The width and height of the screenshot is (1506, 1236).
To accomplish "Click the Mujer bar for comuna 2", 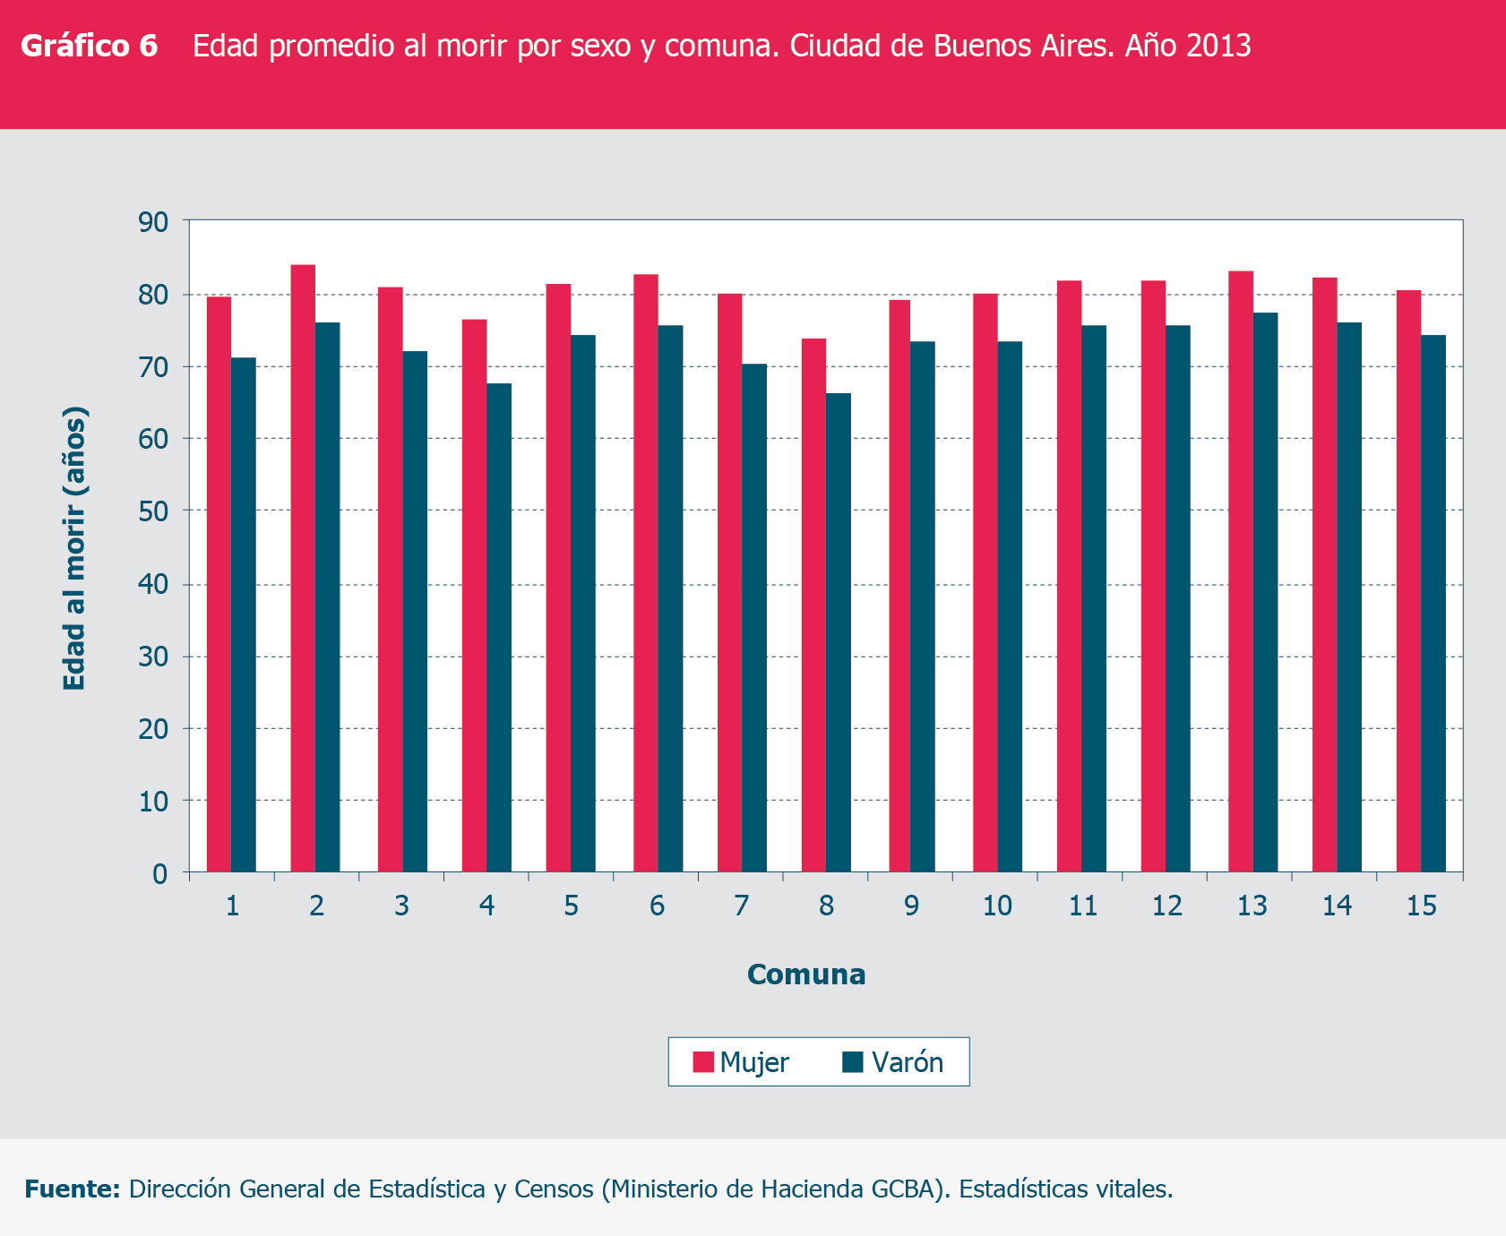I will click(x=303, y=568).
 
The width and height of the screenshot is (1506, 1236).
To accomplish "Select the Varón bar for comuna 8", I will click(x=839, y=632).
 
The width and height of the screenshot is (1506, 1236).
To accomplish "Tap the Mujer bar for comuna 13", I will click(x=1241, y=571).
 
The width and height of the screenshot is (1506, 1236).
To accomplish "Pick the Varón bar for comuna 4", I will click(x=499, y=627).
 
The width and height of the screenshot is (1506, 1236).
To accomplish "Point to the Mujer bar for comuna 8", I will click(x=813, y=605).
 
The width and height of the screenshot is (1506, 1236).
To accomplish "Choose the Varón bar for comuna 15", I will click(x=1433, y=603).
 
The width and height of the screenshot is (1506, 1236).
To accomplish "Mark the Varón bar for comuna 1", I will click(x=244, y=614).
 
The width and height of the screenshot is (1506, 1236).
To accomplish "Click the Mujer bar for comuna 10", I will click(x=985, y=582).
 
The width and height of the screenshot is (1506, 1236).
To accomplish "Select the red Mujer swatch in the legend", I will click(x=703, y=1062).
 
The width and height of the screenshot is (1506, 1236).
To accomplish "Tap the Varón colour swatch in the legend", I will click(x=852, y=1062).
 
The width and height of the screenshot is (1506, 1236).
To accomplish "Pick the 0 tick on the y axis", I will click(x=160, y=873).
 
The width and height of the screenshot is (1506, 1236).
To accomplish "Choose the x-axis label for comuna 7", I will click(x=741, y=906).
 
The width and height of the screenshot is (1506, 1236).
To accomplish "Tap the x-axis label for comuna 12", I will click(x=1166, y=906).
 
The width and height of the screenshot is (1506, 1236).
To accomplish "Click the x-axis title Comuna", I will click(x=806, y=974).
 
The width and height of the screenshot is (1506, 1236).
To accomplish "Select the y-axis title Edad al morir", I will click(x=74, y=548).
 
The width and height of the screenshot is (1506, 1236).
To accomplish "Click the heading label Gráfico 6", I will click(x=90, y=46).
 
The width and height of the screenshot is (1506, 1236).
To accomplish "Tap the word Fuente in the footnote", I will click(x=73, y=1189).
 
